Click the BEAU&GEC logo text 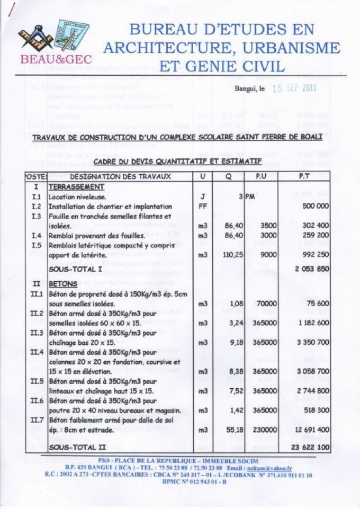(56, 59)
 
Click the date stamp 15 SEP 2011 (294, 88)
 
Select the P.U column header (261, 176)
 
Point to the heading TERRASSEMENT (76, 187)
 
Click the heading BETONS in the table (63, 284)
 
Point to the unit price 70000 (265, 303)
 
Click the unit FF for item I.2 (203, 207)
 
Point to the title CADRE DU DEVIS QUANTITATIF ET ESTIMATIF (177, 160)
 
